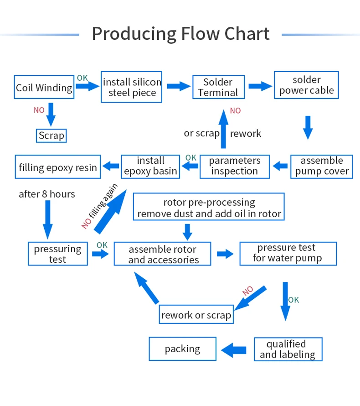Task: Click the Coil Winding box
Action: [44, 87]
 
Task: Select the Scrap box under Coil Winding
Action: [51, 135]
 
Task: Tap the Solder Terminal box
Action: [218, 87]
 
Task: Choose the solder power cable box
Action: [306, 85]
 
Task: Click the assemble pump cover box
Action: [322, 166]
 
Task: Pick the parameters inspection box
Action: [234, 166]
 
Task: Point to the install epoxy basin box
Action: [150, 166]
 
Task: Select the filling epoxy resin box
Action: [58, 167]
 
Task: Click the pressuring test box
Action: [57, 254]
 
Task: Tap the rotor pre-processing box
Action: [209, 208]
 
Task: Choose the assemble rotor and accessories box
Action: [163, 255]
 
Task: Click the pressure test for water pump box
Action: [288, 253]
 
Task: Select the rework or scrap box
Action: [196, 315]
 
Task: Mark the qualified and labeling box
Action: [288, 349]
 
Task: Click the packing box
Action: [182, 349]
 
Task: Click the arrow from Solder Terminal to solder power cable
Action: [259, 86]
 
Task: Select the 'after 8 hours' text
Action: [47, 194]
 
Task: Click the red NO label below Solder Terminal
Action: [235, 111]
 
